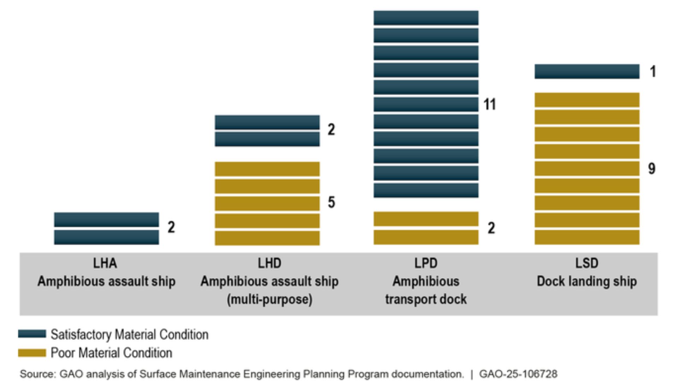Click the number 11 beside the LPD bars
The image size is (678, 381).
click(x=489, y=104)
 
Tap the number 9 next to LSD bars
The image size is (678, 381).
click(x=652, y=169)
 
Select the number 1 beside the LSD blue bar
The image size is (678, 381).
click(x=653, y=72)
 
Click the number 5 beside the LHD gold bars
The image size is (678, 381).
click(x=331, y=202)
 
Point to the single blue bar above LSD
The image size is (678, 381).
click(x=587, y=72)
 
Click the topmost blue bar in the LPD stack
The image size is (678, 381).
click(x=426, y=18)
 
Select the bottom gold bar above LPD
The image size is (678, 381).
click(x=426, y=237)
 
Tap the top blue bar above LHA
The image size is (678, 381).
click(x=106, y=219)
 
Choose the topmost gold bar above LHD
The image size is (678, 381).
click(x=267, y=169)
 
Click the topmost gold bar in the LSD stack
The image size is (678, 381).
click(x=587, y=100)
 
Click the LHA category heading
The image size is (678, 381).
click(x=105, y=263)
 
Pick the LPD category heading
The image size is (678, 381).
click(x=426, y=263)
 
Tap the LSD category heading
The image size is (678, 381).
click(x=587, y=263)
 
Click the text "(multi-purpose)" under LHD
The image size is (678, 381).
click(x=269, y=299)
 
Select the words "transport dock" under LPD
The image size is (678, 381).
click(x=426, y=299)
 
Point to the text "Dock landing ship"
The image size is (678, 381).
click(x=587, y=282)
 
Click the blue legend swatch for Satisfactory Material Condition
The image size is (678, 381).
click(x=32, y=334)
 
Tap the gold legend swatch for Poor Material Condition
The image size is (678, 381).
click(x=32, y=353)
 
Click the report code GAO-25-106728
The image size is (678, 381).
click(x=518, y=374)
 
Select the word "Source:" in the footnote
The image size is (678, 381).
click(x=37, y=374)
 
